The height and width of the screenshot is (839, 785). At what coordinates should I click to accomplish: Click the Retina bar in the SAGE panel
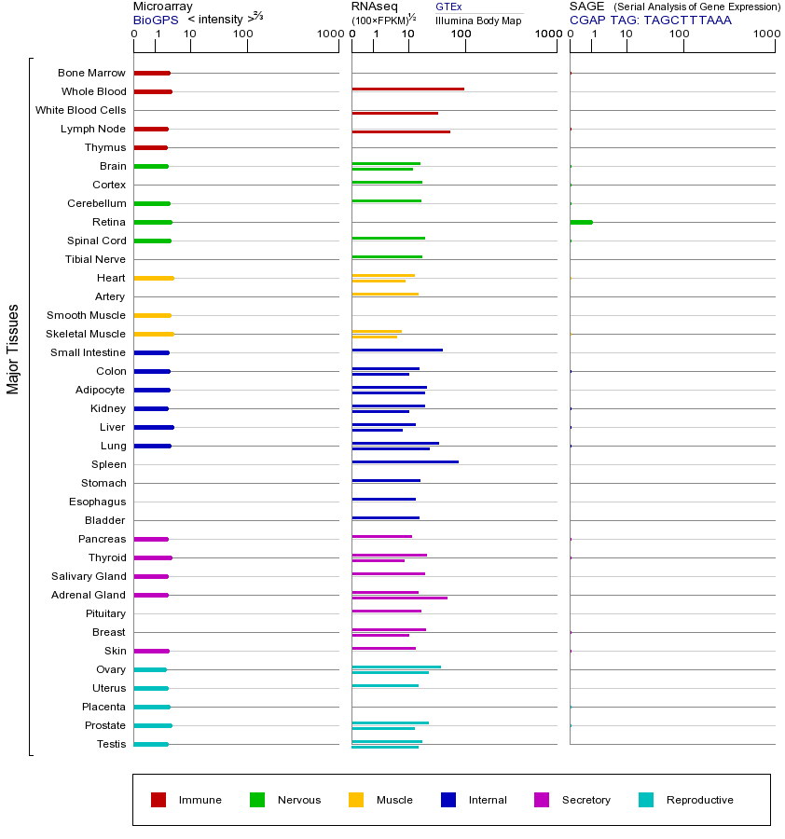581,222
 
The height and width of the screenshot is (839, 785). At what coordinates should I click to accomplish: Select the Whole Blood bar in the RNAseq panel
407,89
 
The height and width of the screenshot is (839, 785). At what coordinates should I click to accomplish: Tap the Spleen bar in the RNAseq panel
405,461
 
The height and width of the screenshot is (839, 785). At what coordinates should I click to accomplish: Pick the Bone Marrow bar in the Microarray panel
152,73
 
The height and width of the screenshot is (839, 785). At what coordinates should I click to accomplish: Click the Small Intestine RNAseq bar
397,350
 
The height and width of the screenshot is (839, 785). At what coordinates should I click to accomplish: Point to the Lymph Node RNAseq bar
401,131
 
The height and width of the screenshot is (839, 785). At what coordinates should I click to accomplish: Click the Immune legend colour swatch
158,800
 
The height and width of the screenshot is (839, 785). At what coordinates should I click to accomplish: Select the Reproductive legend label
699,800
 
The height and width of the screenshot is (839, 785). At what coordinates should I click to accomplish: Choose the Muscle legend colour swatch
356,800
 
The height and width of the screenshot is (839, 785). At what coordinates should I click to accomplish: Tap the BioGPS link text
153,20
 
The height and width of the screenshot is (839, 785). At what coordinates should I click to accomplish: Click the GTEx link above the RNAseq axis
448,7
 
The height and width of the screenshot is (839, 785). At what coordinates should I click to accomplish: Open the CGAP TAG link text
651,20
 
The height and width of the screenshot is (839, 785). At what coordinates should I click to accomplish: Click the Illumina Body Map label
478,20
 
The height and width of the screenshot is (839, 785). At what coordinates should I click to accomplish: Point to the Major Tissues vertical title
13,349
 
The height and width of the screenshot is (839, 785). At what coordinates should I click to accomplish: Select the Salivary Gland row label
90,576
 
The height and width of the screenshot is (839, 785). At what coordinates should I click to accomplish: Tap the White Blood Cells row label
80,110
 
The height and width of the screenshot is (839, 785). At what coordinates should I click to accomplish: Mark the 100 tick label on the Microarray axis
243,34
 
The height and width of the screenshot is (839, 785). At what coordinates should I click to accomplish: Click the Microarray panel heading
163,7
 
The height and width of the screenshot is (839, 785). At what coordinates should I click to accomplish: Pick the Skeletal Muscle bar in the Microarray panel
154,334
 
